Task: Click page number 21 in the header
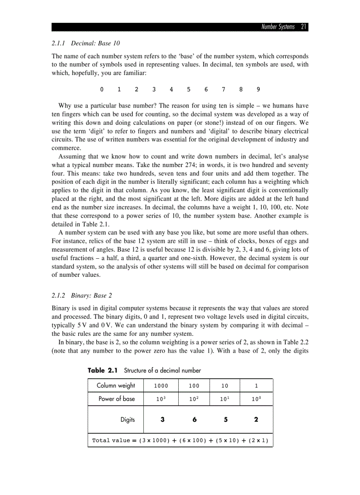[304, 27]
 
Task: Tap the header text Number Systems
[277, 27]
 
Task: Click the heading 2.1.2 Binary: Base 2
[79, 295]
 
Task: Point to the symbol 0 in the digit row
[101, 89]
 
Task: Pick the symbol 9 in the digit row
[258, 89]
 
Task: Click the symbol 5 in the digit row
[188, 89]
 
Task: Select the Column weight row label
[116, 386]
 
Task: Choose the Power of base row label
[116, 399]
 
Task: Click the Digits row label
[127, 420]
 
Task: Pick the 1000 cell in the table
[161, 386]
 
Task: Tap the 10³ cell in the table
[161, 399]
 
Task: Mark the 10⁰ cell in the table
[256, 399]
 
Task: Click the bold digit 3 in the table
[163, 420]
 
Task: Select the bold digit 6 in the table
[194, 420]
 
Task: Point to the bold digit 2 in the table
[256, 420]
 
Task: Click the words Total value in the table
[111, 440]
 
